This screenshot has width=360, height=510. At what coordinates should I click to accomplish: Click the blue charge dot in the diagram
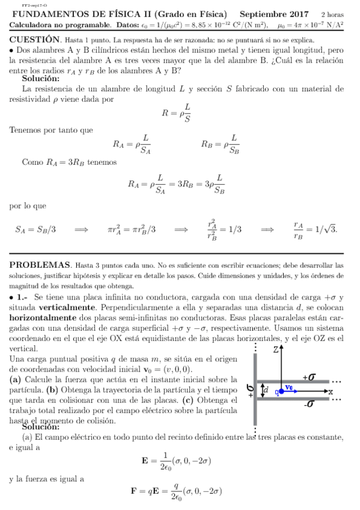[x=278, y=392]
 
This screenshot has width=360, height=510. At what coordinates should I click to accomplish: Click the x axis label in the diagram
[x=330, y=392]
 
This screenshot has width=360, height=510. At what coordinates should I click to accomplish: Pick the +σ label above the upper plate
[x=309, y=376]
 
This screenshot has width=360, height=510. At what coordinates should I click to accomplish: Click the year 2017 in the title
[x=296, y=14]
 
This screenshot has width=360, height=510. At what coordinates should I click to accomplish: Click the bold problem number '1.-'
[x=22, y=297]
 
